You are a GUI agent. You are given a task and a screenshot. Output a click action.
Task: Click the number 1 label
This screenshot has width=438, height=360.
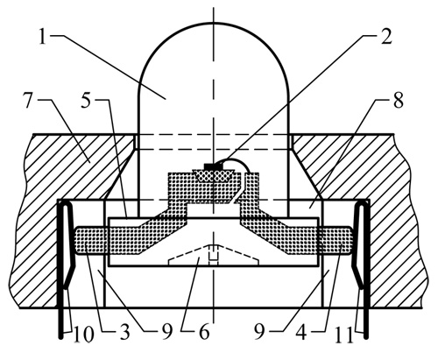point(43,38)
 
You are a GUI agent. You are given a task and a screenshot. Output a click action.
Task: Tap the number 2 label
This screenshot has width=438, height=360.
point(386,37)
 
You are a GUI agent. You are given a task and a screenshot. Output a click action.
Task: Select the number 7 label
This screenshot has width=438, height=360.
point(28,101)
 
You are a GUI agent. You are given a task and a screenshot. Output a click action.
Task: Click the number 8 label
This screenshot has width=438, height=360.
point(398,101)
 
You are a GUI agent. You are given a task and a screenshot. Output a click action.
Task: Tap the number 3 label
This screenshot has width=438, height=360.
point(124,333)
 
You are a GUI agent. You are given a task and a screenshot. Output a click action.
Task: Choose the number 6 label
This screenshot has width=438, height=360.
point(204,333)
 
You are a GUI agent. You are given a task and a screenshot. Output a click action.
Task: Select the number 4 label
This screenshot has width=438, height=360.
point(300,333)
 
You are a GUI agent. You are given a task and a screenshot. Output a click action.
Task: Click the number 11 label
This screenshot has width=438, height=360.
point(343,333)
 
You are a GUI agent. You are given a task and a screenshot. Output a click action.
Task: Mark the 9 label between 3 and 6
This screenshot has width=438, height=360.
point(166,333)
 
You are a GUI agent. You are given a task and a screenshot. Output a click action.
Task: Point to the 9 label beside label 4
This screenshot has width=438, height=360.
point(258,333)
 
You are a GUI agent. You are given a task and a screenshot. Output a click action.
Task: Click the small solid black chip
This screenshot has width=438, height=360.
point(214,166)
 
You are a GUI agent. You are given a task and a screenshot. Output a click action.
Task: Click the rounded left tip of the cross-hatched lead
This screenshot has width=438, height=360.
point(77,241)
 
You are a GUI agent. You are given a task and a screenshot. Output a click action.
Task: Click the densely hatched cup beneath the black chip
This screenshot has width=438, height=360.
point(214,176)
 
